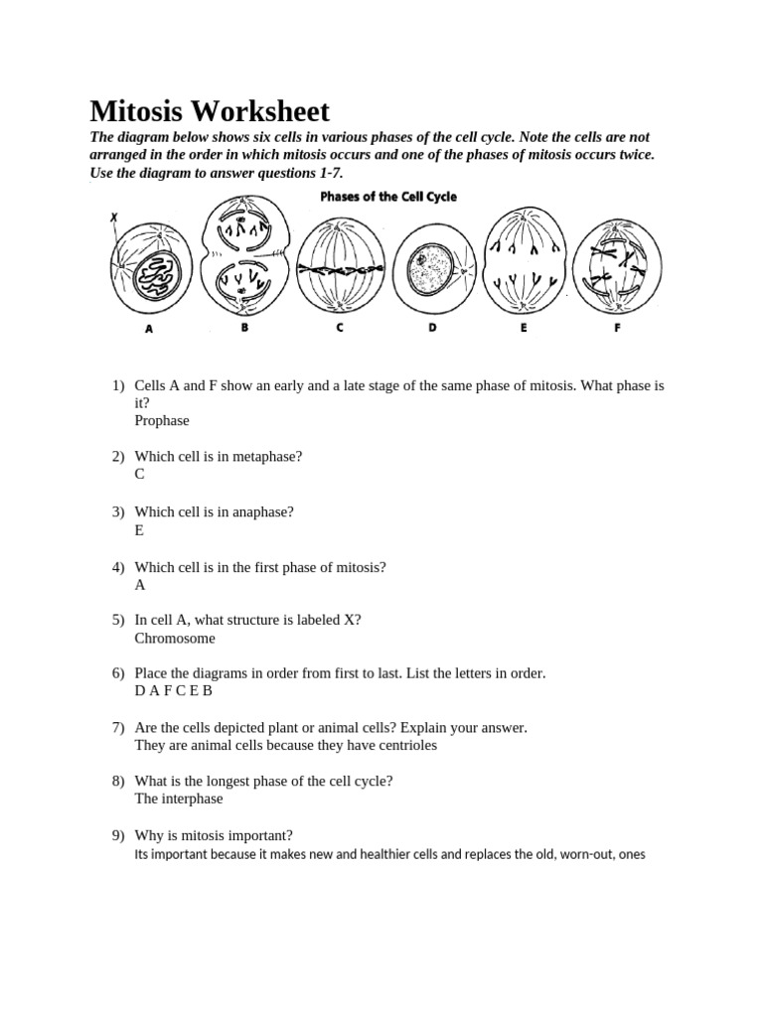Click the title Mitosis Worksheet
coord(210,111)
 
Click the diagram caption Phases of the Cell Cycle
coord(388,197)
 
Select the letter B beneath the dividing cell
coord(243,328)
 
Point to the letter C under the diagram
coord(339,328)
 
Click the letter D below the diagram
coord(432,328)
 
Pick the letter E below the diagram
coord(523,328)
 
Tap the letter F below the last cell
coord(617,328)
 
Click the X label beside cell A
coord(113,217)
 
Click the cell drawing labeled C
coord(339,266)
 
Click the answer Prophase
coord(162,420)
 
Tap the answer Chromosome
coord(175,638)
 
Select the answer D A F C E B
coord(174,690)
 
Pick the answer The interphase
coord(179,799)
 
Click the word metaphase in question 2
coord(268,456)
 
